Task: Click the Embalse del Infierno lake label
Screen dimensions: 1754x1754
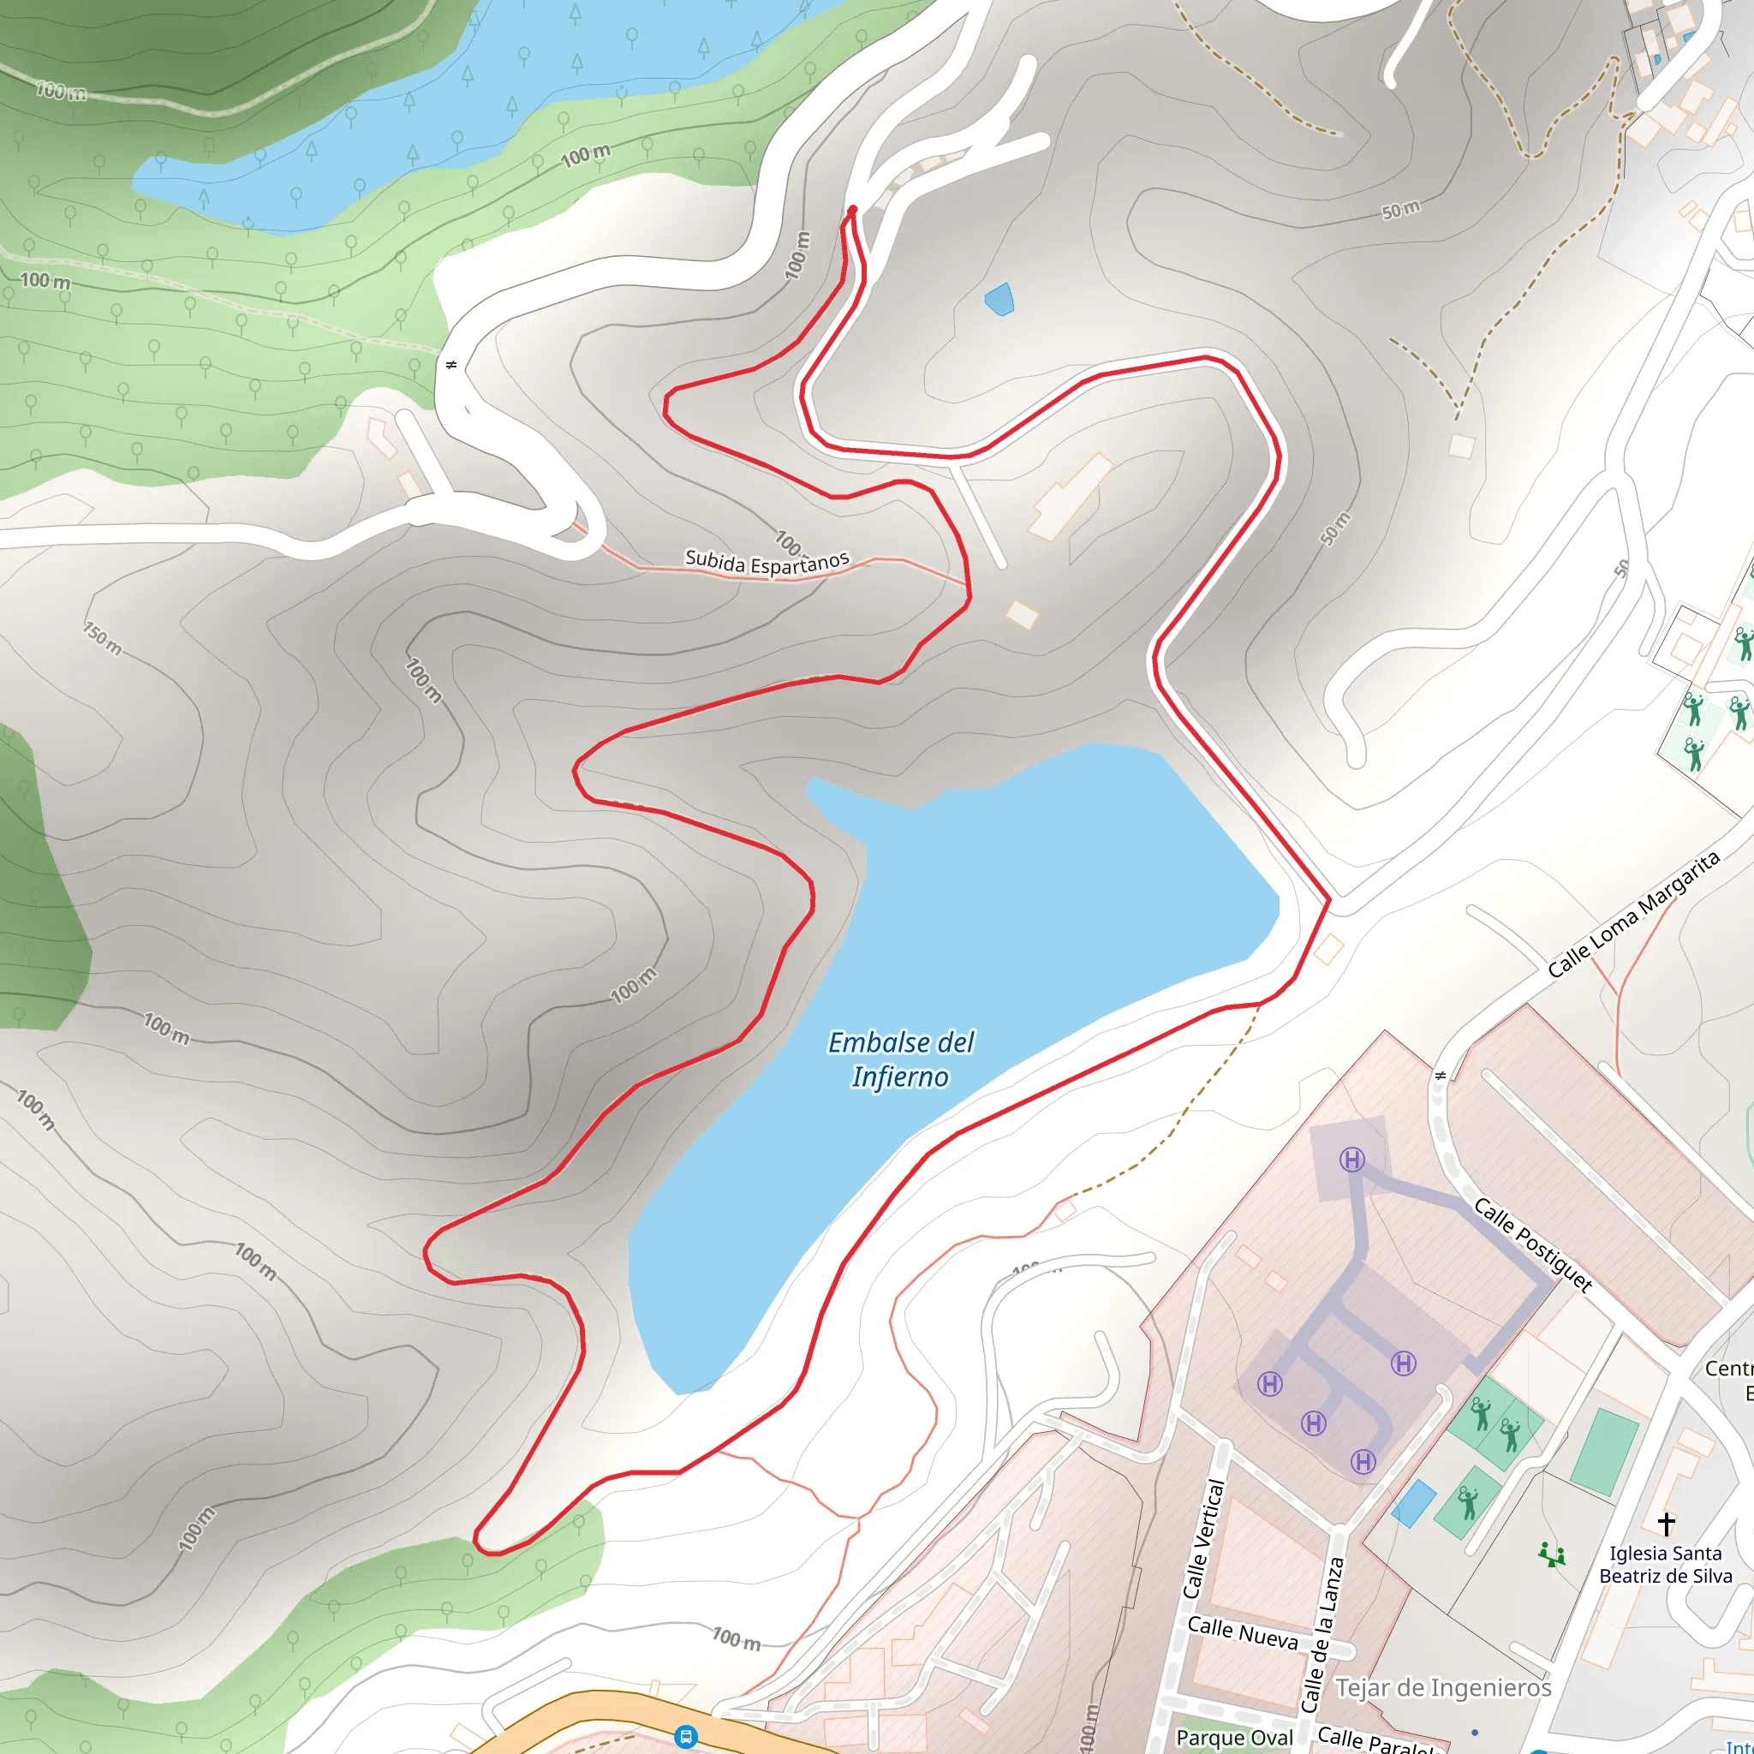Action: click(x=901, y=1059)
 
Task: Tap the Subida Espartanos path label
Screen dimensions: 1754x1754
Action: click(x=767, y=562)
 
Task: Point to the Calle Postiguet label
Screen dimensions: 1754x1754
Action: click(x=1532, y=1244)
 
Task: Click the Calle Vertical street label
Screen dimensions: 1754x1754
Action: click(x=1204, y=1539)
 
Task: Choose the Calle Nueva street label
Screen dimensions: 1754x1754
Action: click(x=1242, y=1632)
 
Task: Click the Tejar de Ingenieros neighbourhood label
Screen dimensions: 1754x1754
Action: click(x=1443, y=1688)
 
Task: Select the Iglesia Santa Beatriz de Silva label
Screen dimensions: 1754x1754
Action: click(x=1665, y=1564)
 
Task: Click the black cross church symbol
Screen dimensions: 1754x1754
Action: click(x=1666, y=1523)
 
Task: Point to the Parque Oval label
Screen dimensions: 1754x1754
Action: click(x=1234, y=1738)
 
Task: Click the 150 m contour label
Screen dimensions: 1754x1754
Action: click(x=103, y=638)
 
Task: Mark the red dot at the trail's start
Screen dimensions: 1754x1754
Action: click(x=852, y=211)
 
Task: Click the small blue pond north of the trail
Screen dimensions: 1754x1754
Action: click(x=999, y=299)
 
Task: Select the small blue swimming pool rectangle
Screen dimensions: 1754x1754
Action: click(x=1413, y=1503)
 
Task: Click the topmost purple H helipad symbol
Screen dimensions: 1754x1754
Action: click(x=1352, y=1160)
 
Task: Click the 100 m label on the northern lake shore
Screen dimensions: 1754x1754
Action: click(x=586, y=156)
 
